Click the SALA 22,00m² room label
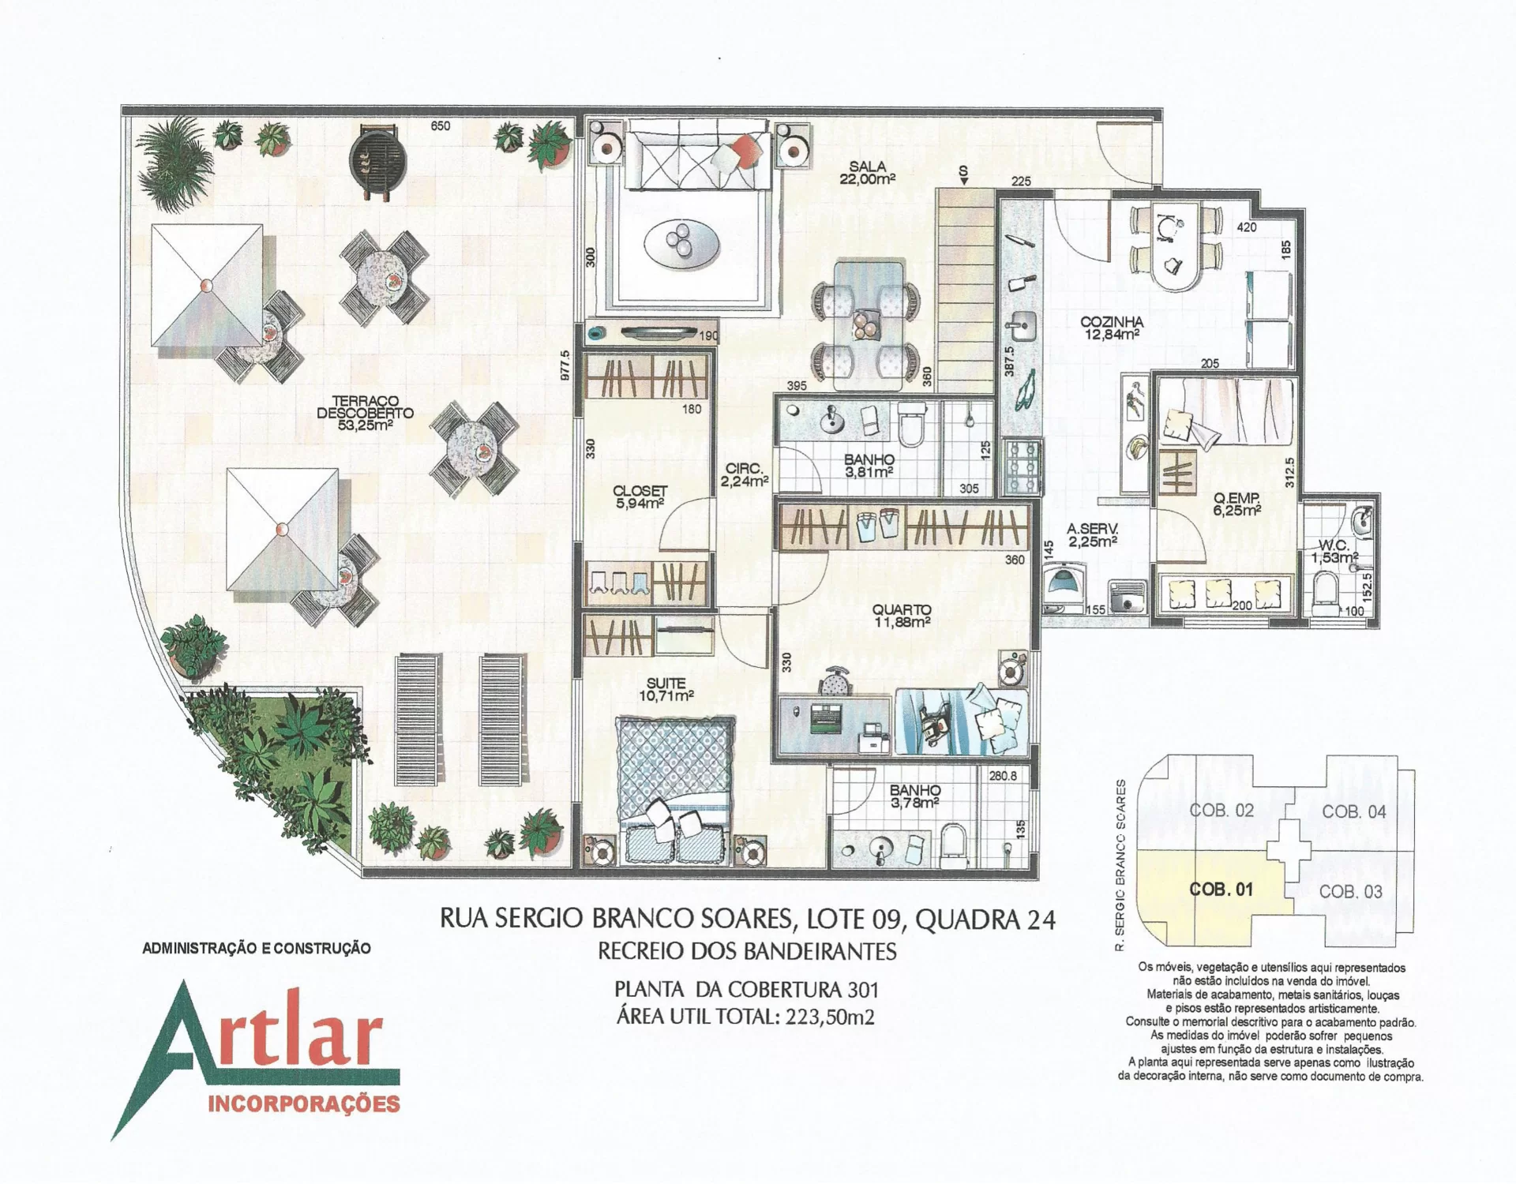click(868, 173)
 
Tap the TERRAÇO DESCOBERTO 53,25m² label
click(365, 413)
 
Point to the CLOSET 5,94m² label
click(640, 497)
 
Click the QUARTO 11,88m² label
click(902, 616)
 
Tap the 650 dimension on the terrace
click(440, 126)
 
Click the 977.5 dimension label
click(565, 365)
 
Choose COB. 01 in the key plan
click(1221, 890)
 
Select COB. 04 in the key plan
click(1354, 811)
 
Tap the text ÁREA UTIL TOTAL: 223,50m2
click(745, 1017)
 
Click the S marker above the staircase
click(963, 171)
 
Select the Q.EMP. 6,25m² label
click(1236, 504)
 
